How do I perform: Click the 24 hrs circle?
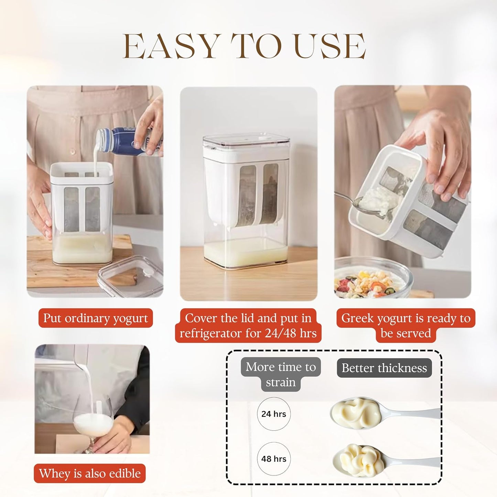(274, 414)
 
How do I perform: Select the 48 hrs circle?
(274, 459)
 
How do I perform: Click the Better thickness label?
(384, 368)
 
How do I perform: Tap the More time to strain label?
(281, 374)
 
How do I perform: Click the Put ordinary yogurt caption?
(95, 318)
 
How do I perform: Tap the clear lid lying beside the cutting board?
(130, 276)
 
